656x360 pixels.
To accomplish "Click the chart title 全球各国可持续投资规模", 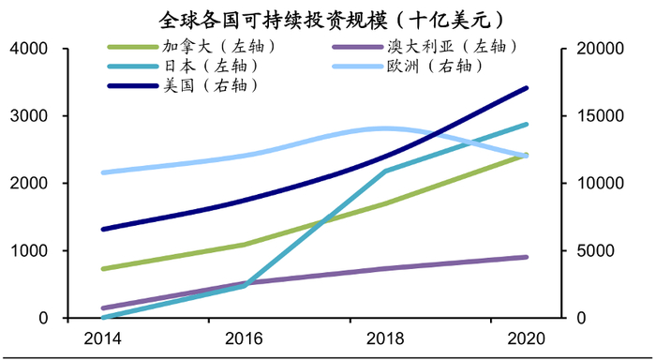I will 327,18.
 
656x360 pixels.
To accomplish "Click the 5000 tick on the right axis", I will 591,251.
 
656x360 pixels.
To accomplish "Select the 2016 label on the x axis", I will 245,337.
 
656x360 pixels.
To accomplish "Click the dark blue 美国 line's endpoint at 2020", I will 527,88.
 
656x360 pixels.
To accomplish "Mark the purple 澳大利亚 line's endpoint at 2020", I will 527,257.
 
